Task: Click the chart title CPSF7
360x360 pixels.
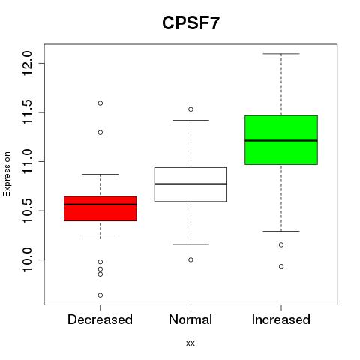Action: click(x=190, y=23)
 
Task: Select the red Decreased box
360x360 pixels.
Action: click(x=100, y=208)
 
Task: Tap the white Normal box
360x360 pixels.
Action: click(x=190, y=184)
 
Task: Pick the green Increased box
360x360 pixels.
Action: click(x=281, y=140)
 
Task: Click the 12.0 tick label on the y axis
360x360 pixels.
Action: click(x=27, y=63)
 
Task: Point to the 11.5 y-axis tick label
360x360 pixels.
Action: click(x=27, y=112)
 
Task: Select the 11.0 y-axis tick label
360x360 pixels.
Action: click(x=27, y=161)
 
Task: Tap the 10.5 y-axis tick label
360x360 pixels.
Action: click(x=27, y=211)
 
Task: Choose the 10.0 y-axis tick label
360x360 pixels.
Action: click(x=27, y=260)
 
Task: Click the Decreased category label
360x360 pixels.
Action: click(x=100, y=319)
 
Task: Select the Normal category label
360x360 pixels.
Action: click(x=190, y=319)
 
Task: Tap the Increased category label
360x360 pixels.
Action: click(x=281, y=319)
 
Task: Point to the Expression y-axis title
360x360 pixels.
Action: click(x=7, y=174)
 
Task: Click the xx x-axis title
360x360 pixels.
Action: click(x=190, y=343)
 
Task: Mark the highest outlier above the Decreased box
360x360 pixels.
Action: click(x=100, y=103)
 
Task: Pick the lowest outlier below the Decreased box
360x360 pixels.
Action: click(x=100, y=295)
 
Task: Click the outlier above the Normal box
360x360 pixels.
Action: click(x=190, y=109)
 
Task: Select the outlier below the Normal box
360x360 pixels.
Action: click(x=190, y=259)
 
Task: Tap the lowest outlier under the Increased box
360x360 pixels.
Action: click(x=281, y=266)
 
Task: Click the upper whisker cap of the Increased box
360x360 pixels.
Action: click(x=281, y=54)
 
